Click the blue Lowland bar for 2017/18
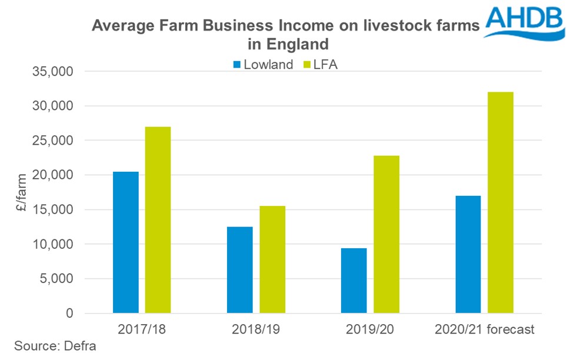(x=126, y=242)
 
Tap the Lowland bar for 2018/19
(x=240, y=269)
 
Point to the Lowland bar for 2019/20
(x=354, y=280)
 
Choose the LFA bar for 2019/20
(x=386, y=234)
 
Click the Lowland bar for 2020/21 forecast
(x=468, y=254)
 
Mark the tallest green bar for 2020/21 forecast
(x=501, y=202)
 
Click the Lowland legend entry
(x=261, y=65)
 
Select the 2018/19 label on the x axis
(x=256, y=329)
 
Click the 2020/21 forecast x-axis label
(x=485, y=329)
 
